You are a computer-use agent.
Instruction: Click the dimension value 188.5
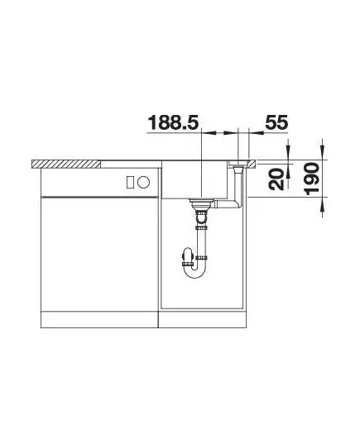tap(173, 122)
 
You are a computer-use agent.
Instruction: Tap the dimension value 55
tap(276, 122)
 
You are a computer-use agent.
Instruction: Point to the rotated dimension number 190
tap(312, 179)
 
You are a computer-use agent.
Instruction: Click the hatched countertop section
tap(66, 164)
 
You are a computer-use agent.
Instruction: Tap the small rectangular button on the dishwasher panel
tap(131, 182)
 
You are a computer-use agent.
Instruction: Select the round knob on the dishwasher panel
tap(143, 182)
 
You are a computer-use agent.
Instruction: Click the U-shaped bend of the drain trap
tap(194, 271)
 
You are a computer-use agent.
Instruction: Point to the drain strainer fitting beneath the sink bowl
tap(201, 204)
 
